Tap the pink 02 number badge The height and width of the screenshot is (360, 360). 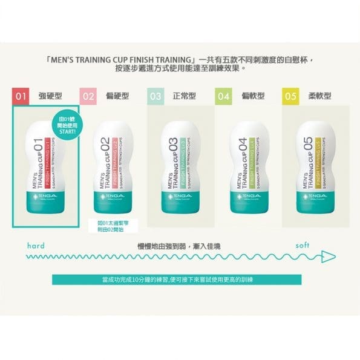[x=89, y=96]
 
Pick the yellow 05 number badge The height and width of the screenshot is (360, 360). [x=291, y=96]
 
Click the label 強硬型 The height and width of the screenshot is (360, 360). [x=50, y=96]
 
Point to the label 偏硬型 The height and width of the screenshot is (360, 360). [x=117, y=96]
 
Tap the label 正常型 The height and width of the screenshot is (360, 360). [x=185, y=96]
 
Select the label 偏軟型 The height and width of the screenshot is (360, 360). [x=252, y=96]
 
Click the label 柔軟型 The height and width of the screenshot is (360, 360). [x=319, y=96]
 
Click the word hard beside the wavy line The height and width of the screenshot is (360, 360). [x=36, y=246]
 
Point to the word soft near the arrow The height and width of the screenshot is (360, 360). [x=303, y=246]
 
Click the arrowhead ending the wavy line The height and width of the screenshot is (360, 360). [x=328, y=255]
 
